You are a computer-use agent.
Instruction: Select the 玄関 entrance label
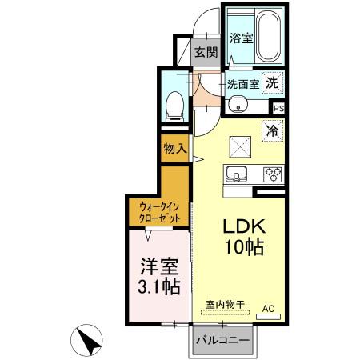click(206, 54)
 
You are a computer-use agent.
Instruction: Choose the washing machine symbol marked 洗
click(274, 82)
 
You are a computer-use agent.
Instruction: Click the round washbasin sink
click(237, 104)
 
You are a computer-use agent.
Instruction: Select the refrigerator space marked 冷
click(273, 128)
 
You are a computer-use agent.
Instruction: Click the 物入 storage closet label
click(174, 149)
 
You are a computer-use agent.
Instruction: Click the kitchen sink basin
click(238, 174)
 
